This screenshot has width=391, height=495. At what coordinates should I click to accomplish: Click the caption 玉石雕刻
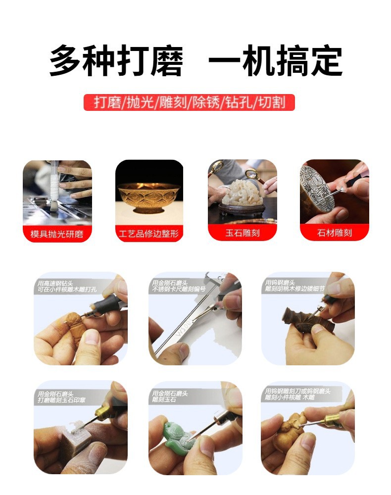(x=242, y=233)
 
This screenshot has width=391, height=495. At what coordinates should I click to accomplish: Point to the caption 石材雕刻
(x=335, y=233)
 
